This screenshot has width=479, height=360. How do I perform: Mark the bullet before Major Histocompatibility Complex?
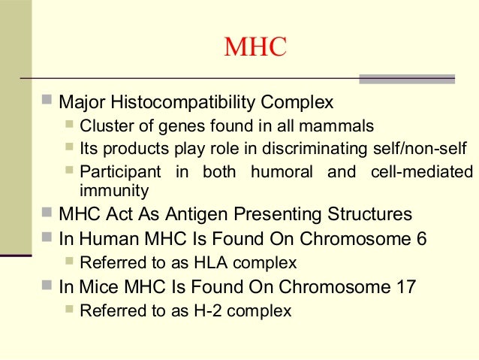pos(47,100)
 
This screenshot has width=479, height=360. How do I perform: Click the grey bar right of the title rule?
pos(407,78)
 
